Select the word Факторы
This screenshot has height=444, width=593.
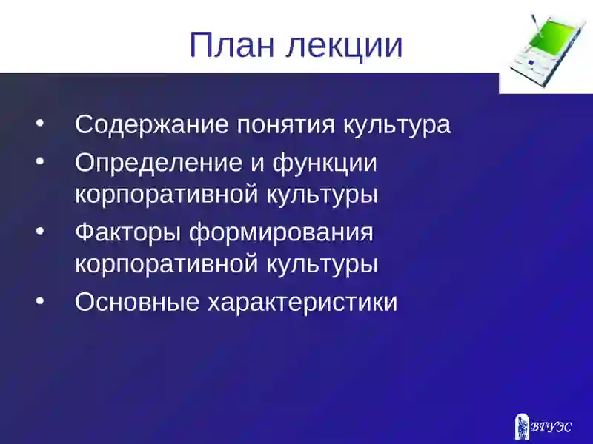coord(127,232)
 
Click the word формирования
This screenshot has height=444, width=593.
coord(281,234)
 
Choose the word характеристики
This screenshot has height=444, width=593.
coord(302,303)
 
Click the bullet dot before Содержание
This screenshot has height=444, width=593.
coord(41,121)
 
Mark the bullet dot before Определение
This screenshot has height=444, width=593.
coord(41,159)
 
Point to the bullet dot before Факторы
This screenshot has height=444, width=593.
coord(41,229)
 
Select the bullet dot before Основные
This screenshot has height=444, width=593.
coord(41,298)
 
